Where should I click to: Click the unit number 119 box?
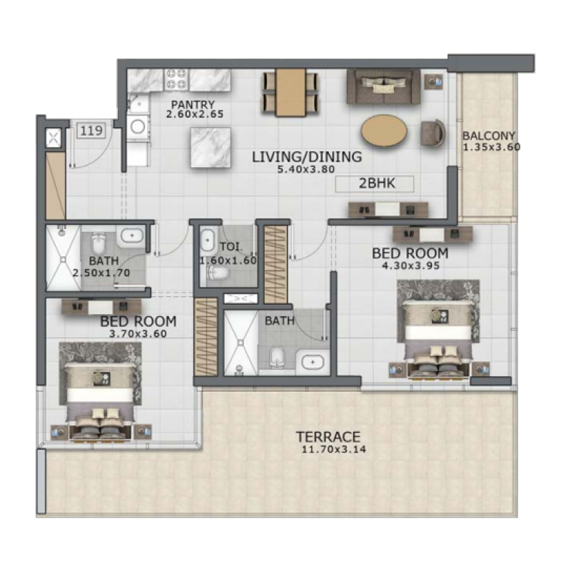[89, 131]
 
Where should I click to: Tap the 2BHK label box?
[375, 183]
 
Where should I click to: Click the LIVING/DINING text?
[307, 157]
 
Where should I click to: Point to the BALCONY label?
[489, 136]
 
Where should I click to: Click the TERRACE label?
[328, 437]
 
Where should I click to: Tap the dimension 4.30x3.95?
[410, 266]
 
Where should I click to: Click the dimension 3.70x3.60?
[138, 333]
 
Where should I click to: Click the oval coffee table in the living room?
[385, 131]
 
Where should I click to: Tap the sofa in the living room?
[383, 87]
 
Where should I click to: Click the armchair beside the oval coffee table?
[433, 133]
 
